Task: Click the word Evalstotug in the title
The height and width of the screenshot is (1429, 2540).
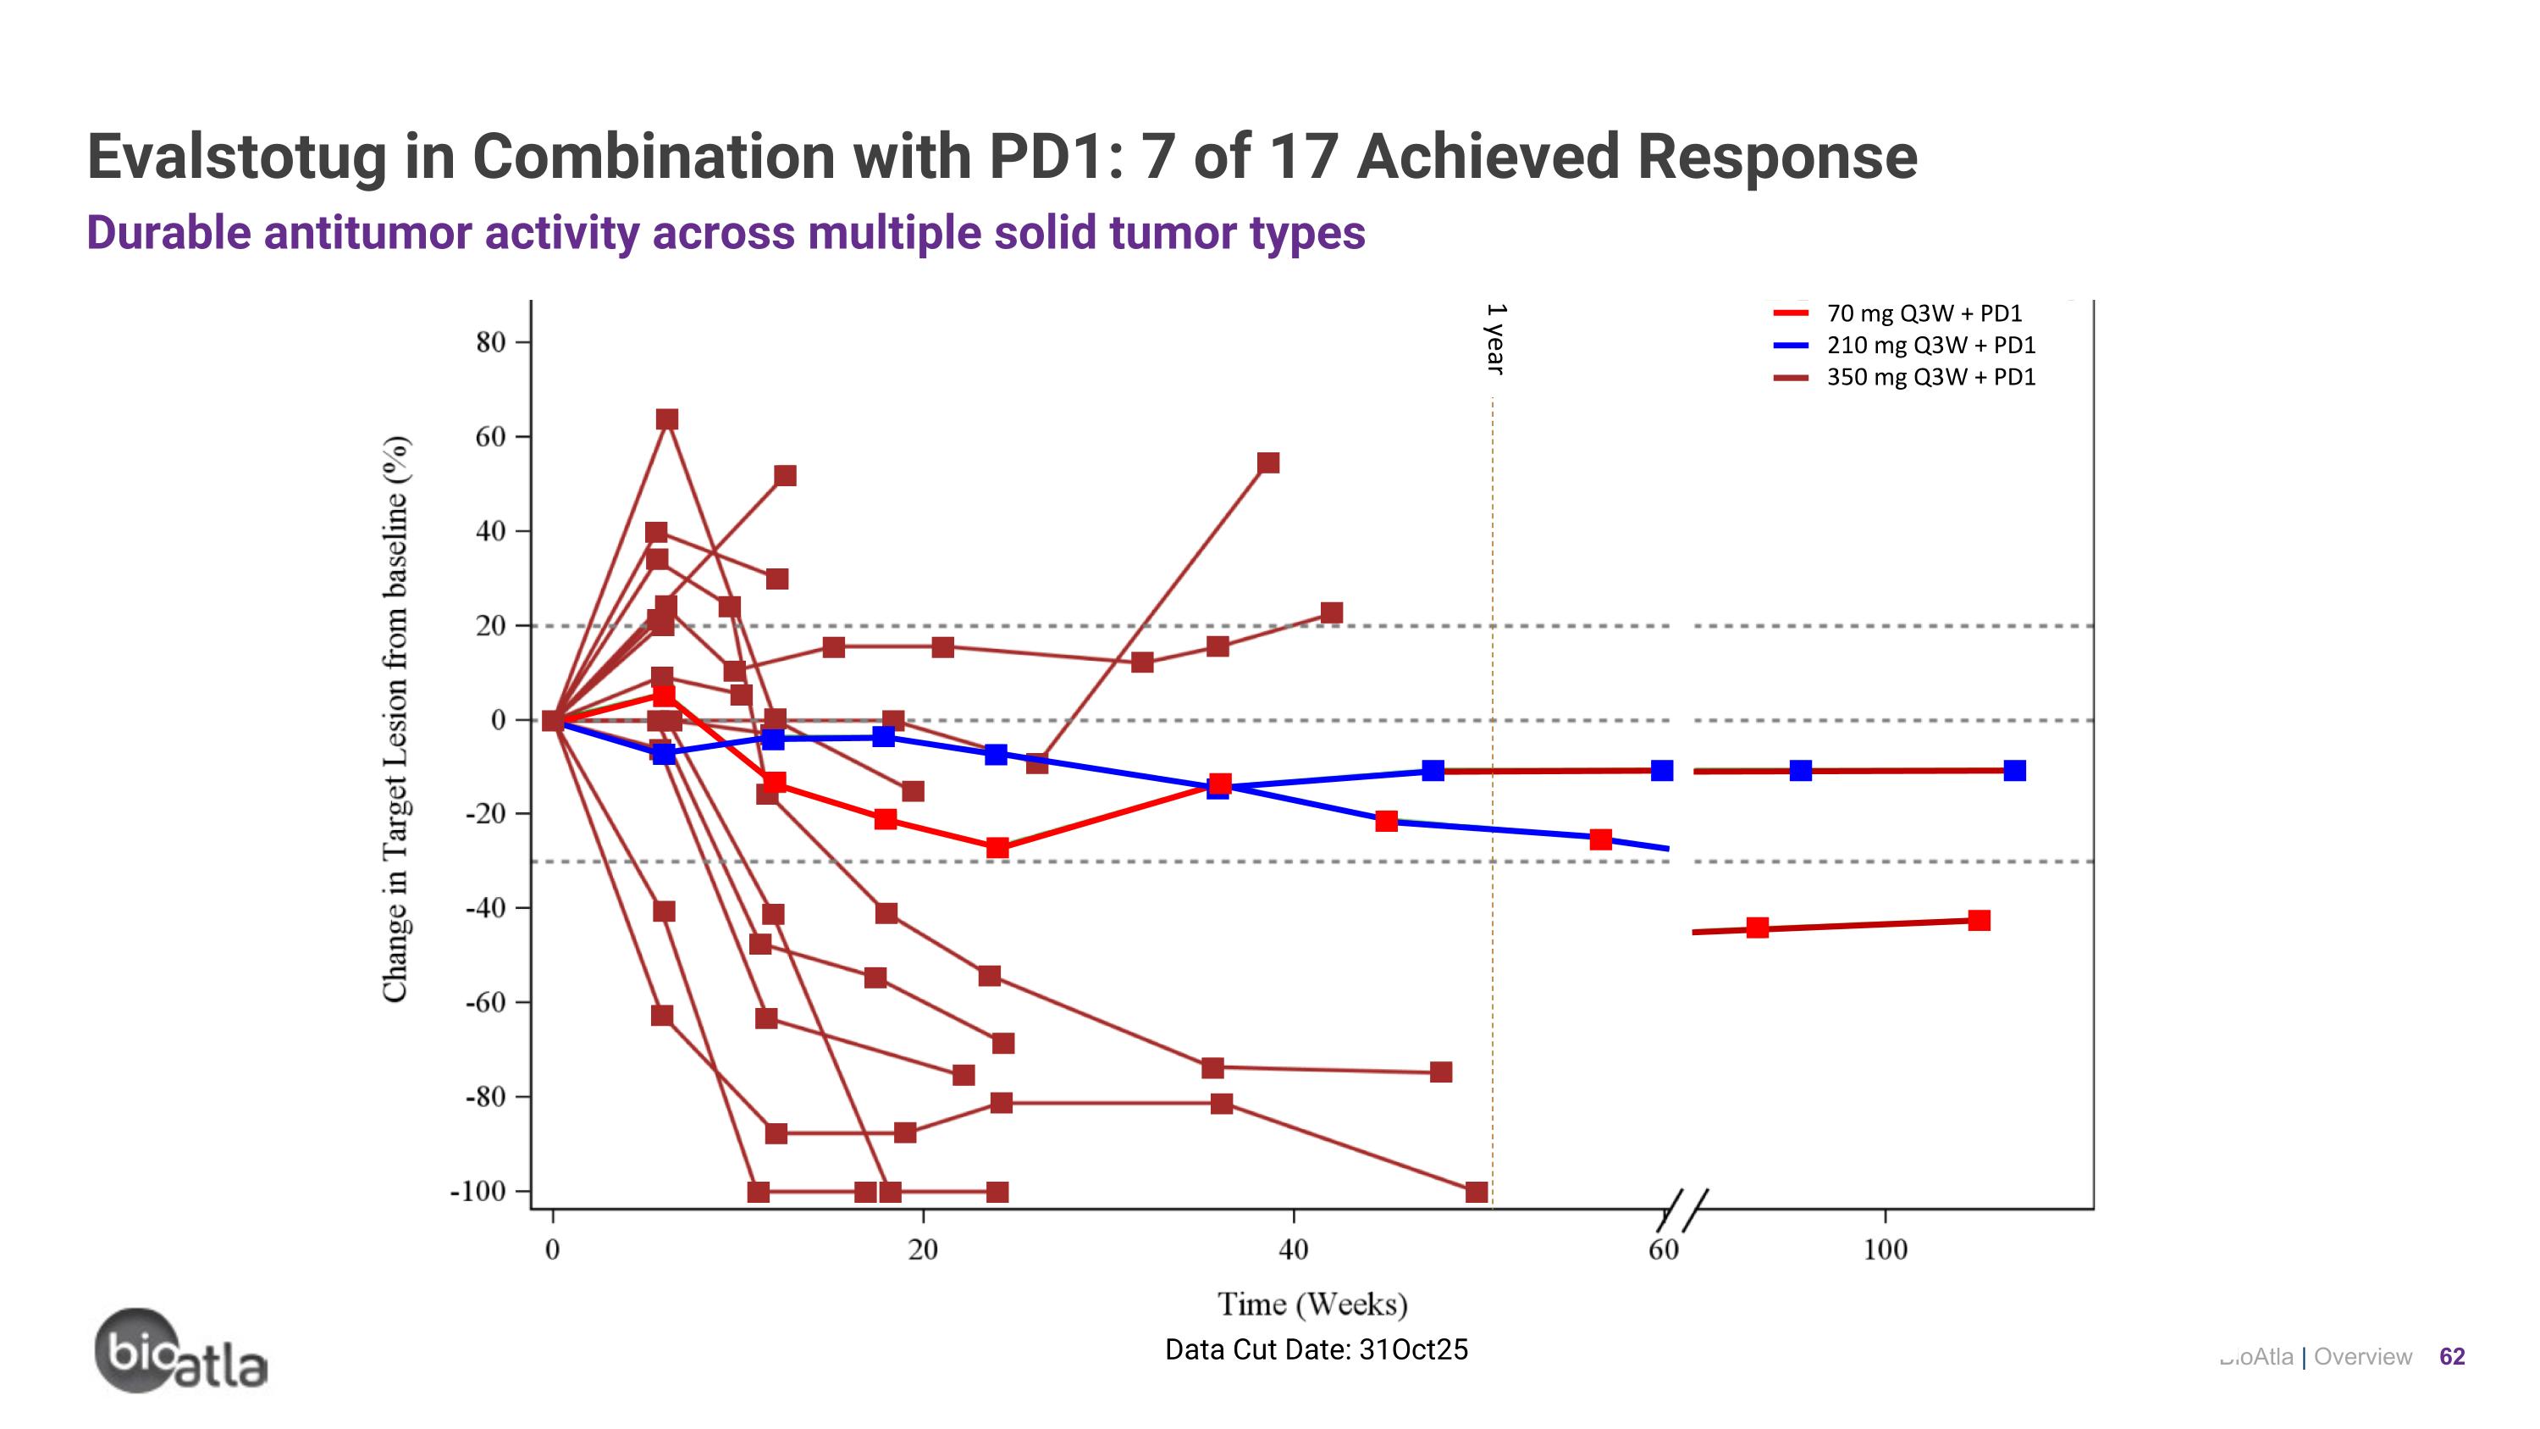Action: (237, 157)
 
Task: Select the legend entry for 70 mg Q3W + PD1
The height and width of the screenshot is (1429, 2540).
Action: (1923, 313)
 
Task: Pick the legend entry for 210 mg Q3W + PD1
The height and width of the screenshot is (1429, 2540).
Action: (1930, 345)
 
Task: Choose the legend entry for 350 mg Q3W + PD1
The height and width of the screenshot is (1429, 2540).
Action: (1930, 377)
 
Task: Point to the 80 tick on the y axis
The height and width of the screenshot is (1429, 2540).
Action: (490, 342)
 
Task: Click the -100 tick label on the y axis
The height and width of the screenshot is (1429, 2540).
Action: (478, 1191)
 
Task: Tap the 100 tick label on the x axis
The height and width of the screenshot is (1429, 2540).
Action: (1885, 1250)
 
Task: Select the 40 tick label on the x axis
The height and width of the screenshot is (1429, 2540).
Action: (1293, 1250)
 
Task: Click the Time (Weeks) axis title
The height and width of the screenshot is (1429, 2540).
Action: (1312, 1304)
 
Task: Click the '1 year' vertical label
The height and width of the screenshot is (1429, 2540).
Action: (1496, 338)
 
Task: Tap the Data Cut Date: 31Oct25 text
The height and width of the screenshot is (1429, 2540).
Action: (1317, 1349)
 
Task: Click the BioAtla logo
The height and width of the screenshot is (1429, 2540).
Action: (180, 1352)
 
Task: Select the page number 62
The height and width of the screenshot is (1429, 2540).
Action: (2451, 1357)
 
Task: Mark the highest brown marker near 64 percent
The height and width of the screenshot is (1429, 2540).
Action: (667, 420)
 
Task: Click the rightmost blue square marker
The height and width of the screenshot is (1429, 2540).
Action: (2014, 770)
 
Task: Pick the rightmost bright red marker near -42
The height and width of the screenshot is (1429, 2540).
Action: (1978, 920)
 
